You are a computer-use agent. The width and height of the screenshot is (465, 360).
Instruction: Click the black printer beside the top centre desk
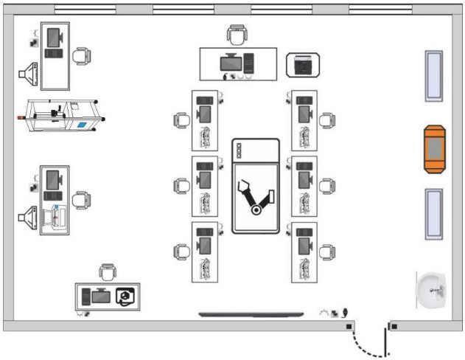pos(303,66)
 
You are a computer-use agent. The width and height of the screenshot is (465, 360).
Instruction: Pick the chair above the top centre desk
pos(237,34)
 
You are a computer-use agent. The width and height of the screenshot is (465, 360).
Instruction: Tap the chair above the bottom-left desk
pos(107,271)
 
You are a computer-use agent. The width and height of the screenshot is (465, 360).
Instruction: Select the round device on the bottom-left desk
pos(125,296)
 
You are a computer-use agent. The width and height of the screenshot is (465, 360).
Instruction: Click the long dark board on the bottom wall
pos(251,315)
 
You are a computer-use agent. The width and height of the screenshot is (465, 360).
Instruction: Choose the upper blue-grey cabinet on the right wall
pos(434,76)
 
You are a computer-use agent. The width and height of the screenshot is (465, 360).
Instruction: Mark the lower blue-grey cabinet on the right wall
pos(434,214)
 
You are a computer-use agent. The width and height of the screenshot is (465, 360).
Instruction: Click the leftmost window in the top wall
pos(85,9)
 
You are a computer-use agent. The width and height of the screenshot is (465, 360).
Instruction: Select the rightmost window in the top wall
pos(380,9)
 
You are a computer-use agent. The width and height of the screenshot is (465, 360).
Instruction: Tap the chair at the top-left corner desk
pos(82,55)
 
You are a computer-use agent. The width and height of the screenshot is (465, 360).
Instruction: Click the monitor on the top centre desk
pos(231,62)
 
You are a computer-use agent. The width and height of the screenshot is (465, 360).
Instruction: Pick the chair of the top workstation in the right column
pos(326,119)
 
